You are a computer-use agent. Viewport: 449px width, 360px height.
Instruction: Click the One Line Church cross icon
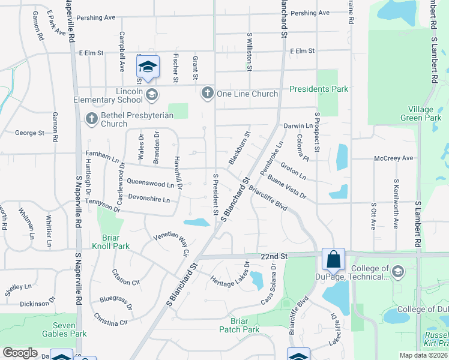pos(208,93)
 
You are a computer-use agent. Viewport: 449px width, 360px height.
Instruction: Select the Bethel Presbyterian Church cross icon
pos(92,118)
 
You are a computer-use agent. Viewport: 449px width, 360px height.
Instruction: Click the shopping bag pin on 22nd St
pos(333,259)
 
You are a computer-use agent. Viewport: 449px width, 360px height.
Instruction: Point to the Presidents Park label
pos(319,89)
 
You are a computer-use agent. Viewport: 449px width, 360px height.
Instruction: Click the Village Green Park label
pos(420,113)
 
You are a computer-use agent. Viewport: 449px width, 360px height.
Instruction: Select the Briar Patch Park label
pos(239,325)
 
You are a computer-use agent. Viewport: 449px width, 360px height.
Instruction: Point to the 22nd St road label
pos(274,256)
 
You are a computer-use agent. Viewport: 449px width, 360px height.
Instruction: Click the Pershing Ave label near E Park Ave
pos(95,18)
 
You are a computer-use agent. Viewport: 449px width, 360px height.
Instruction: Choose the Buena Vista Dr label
pos(287,187)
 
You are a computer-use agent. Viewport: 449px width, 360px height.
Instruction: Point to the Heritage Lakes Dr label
pos(230,275)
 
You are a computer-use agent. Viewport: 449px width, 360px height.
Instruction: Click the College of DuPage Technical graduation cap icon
pos(397,272)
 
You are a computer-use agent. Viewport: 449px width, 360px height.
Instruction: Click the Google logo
pos(20,352)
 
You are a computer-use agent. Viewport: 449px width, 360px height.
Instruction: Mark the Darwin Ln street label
pos(298,127)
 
